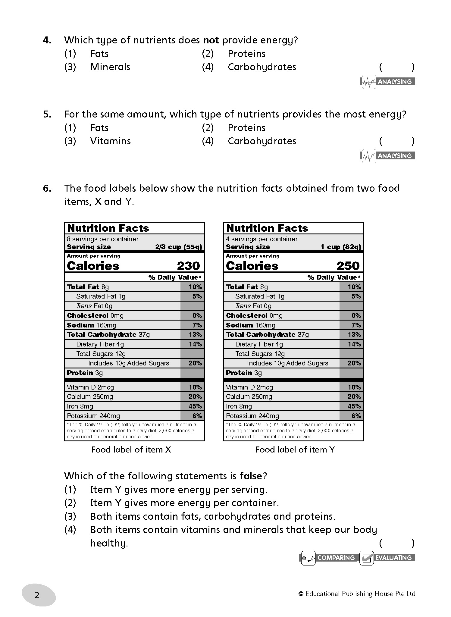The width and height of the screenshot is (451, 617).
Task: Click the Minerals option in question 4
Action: (x=110, y=67)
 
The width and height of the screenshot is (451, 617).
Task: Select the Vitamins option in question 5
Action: (x=110, y=141)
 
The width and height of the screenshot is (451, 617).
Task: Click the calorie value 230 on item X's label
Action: (x=188, y=266)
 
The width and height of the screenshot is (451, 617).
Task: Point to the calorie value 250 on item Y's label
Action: (x=348, y=266)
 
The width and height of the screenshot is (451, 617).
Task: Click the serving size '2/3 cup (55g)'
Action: (x=178, y=247)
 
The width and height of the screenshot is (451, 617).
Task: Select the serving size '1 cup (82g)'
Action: (x=340, y=247)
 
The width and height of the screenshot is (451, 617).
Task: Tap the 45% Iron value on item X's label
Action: (x=195, y=406)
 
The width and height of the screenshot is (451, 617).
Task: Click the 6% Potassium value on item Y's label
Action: (x=356, y=416)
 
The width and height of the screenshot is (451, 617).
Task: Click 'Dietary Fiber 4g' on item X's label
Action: (x=100, y=344)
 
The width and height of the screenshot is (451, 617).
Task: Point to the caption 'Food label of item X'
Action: (x=131, y=450)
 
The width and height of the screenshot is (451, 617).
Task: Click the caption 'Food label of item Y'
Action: (x=295, y=450)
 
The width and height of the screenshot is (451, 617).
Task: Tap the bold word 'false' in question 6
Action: (x=251, y=476)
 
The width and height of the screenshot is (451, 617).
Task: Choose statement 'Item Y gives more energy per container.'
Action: (x=184, y=503)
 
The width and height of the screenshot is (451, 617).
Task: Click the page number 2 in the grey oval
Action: (x=37, y=595)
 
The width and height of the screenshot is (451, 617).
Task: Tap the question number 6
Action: (x=47, y=188)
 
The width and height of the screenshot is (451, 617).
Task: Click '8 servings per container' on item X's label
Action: (x=103, y=239)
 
